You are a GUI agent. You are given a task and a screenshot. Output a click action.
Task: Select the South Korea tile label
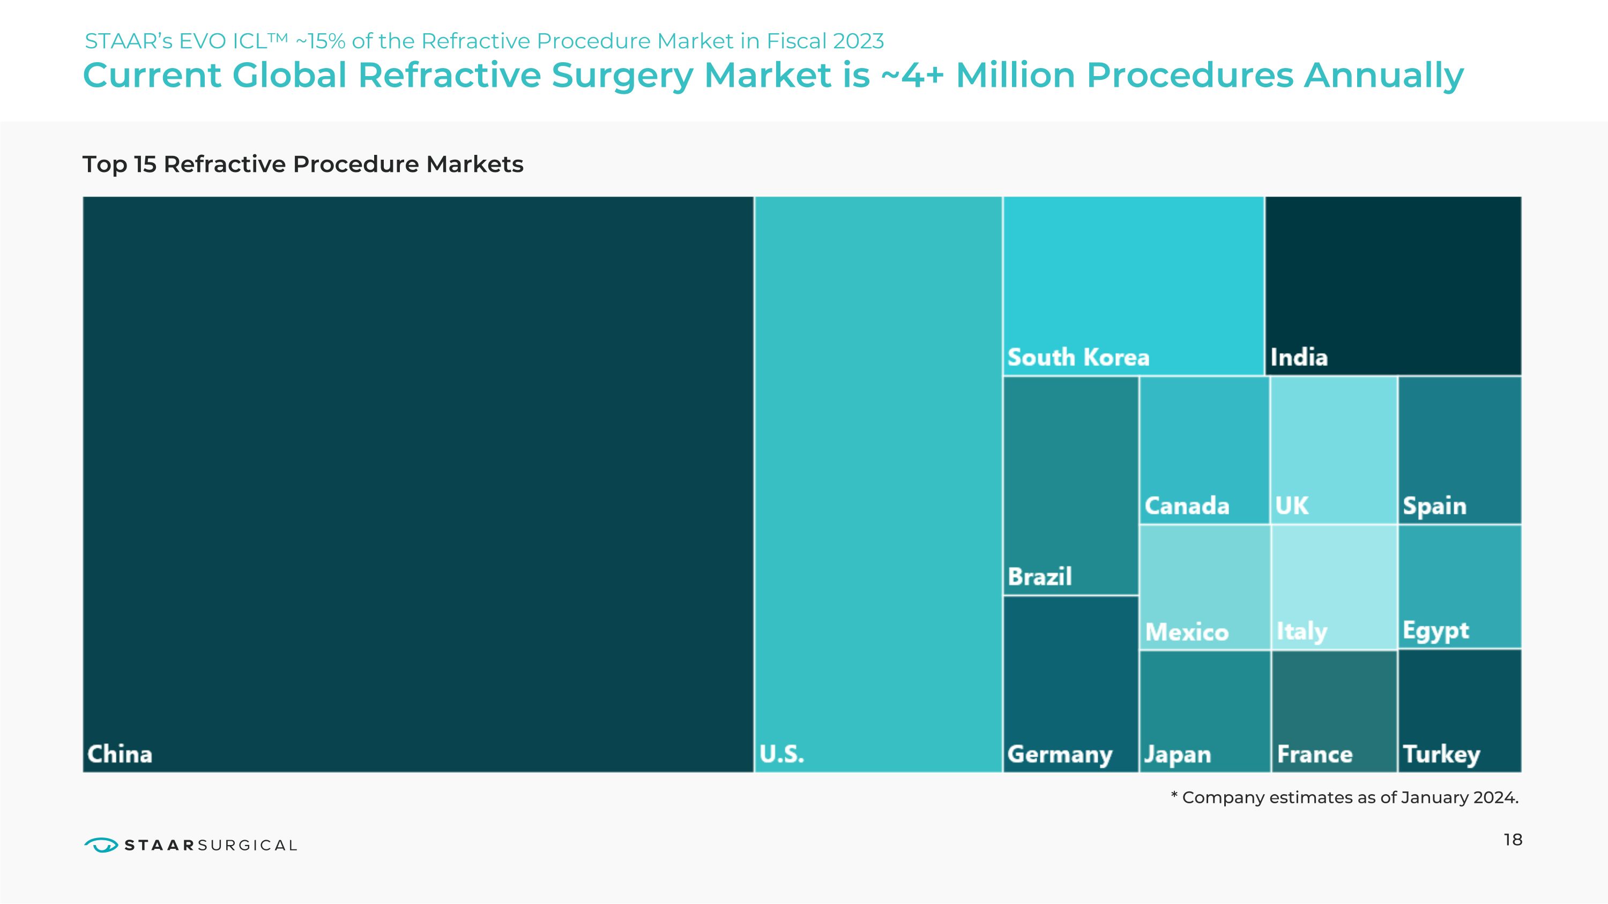[1078, 357]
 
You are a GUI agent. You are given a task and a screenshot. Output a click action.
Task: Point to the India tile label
[1299, 357]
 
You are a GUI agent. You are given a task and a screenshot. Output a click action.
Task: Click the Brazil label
[1039, 577]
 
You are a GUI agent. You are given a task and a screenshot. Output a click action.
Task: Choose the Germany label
[1059, 754]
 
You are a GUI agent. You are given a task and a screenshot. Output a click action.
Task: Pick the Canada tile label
[1187, 505]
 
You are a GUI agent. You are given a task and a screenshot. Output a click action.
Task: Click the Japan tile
[1205, 711]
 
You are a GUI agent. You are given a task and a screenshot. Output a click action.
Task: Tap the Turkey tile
[1460, 711]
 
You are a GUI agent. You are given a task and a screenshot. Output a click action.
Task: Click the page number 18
[1513, 840]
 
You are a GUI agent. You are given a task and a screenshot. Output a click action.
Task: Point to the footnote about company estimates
[1345, 797]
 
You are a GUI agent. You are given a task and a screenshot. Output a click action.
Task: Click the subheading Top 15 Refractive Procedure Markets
[303, 164]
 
